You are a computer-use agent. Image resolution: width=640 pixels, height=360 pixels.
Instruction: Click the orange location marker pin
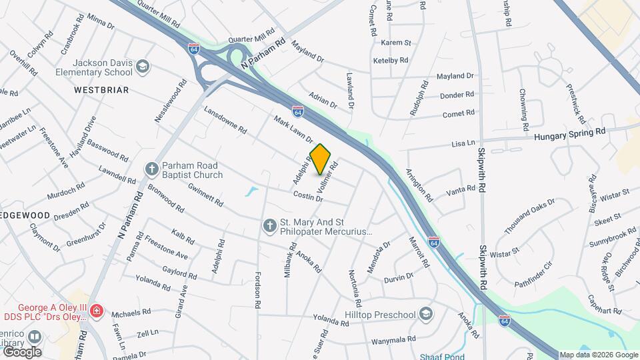321,159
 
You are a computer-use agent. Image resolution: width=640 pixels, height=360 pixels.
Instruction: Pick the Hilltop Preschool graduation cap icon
425,314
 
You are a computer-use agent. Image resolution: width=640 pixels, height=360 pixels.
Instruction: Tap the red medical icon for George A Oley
97,311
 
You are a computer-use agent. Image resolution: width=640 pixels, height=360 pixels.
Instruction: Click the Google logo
22,351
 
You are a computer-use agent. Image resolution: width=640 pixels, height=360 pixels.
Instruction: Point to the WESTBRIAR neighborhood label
101,89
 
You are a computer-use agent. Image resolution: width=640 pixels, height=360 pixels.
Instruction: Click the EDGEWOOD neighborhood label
25,215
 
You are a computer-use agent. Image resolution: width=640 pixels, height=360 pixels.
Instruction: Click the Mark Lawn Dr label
293,129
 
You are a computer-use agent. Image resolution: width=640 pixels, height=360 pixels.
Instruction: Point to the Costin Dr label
308,197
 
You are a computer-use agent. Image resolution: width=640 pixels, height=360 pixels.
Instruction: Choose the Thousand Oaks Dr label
529,216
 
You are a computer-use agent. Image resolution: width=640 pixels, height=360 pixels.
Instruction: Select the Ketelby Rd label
390,60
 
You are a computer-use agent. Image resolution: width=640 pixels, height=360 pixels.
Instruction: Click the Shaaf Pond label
441,357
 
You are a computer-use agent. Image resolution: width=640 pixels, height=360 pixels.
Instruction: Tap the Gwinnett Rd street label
205,193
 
